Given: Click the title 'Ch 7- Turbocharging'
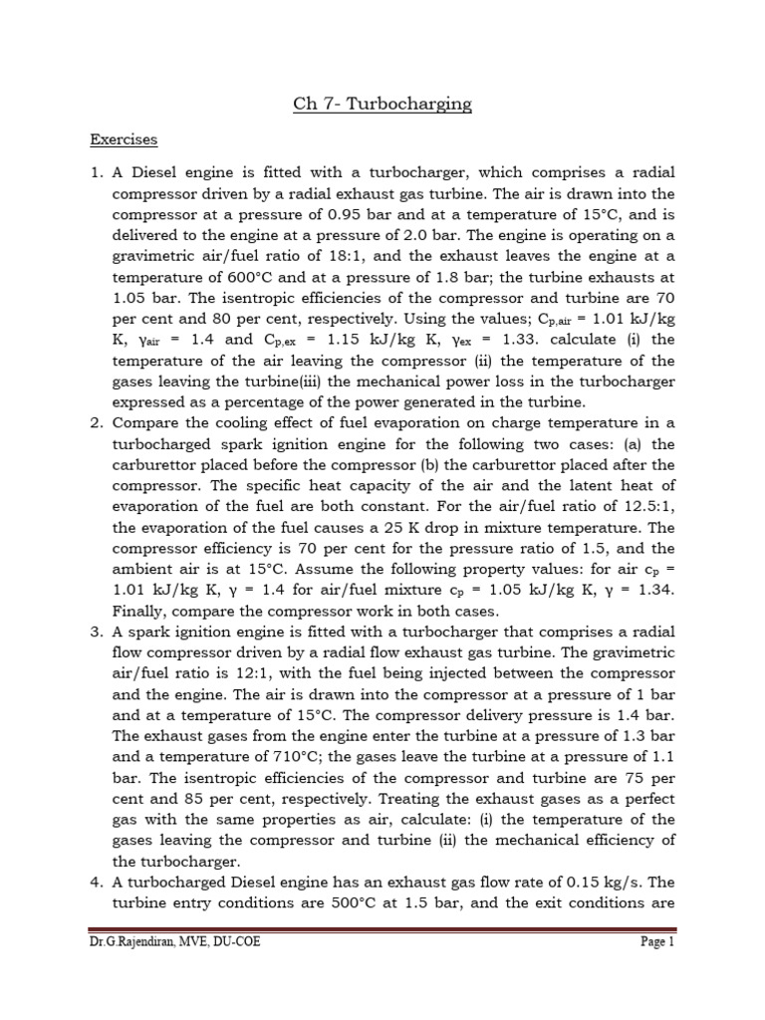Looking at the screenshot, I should [x=382, y=104].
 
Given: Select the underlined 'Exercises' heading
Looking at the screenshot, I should [x=123, y=139].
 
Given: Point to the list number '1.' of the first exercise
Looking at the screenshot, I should [x=98, y=173].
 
